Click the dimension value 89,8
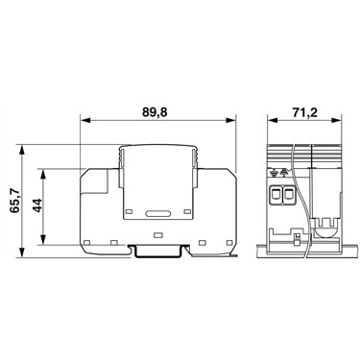pyautogui.click(x=155, y=112)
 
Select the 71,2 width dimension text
pyautogui.click(x=304, y=112)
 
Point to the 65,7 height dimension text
pyautogui.click(x=15, y=201)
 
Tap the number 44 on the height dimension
pyautogui.click(x=37, y=205)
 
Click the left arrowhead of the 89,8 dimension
pyautogui.click(x=84, y=120)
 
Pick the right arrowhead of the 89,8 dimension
pyautogui.click(x=230, y=120)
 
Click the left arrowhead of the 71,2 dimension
pyautogui.click(x=273, y=120)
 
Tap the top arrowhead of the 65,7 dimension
pyautogui.click(x=22, y=150)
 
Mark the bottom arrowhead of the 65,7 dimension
pyautogui.click(x=22, y=252)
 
